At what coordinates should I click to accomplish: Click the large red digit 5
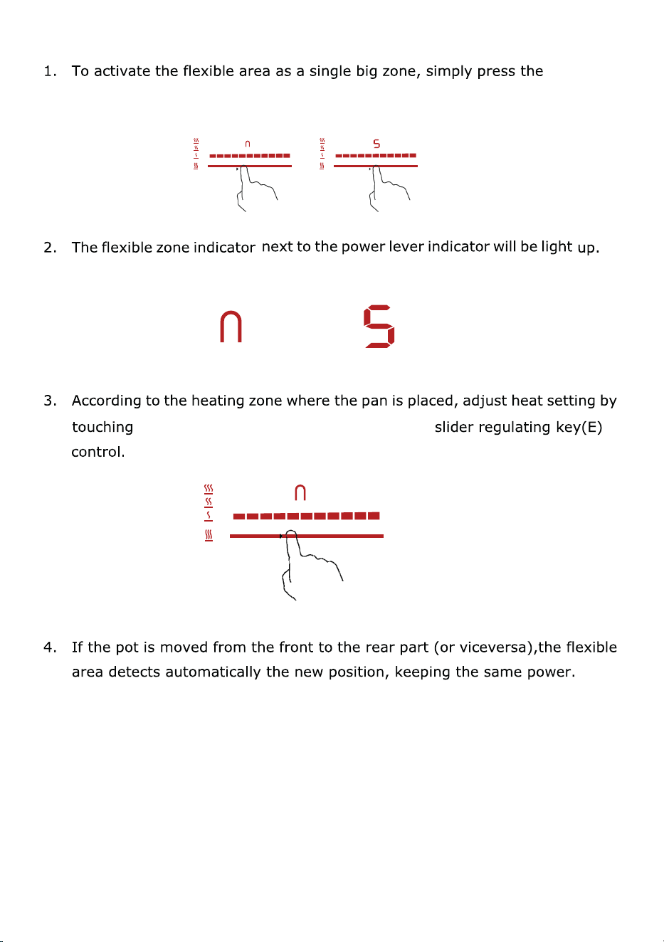[x=379, y=327]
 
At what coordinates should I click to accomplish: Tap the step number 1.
[x=50, y=71]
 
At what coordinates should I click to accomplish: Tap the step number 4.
[x=50, y=647]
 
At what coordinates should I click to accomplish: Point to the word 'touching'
[x=102, y=428]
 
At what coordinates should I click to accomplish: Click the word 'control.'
[x=98, y=452]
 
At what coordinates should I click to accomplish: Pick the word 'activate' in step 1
[x=122, y=71]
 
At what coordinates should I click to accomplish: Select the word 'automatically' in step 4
[x=213, y=672]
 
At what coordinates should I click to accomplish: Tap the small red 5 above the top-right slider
[x=376, y=144]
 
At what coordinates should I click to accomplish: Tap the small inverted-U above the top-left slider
[x=248, y=144]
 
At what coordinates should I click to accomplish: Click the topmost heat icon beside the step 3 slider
[x=209, y=489]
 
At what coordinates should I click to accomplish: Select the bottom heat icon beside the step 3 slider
[x=209, y=535]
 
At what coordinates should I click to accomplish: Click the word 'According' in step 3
[x=106, y=401]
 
